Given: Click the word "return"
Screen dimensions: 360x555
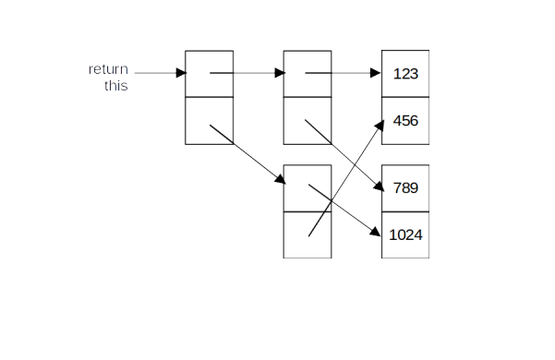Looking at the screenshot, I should point(108,69).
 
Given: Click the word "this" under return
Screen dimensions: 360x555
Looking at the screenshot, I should point(115,86).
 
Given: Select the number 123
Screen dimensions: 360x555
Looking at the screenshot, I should point(405,74).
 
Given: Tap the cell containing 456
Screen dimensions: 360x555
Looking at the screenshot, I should point(405,121).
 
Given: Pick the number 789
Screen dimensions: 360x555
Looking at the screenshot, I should point(405,188).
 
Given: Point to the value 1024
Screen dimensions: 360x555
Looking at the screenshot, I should point(405,234).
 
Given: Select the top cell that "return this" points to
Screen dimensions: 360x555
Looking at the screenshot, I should point(210,73).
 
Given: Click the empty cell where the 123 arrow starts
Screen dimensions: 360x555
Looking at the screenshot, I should point(307,73).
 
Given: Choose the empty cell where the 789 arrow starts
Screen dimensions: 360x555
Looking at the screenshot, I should point(307,121).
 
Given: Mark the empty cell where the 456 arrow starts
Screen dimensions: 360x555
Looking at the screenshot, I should point(307,234).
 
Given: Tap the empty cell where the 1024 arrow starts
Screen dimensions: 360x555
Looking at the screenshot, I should point(307,188).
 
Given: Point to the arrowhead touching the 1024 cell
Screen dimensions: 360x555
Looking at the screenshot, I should point(376,231).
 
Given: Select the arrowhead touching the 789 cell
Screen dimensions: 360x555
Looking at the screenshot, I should point(377,187).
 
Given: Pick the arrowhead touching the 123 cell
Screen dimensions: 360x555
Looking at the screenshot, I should point(376,73).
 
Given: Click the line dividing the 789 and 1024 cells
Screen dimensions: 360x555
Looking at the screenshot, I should point(405,211).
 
